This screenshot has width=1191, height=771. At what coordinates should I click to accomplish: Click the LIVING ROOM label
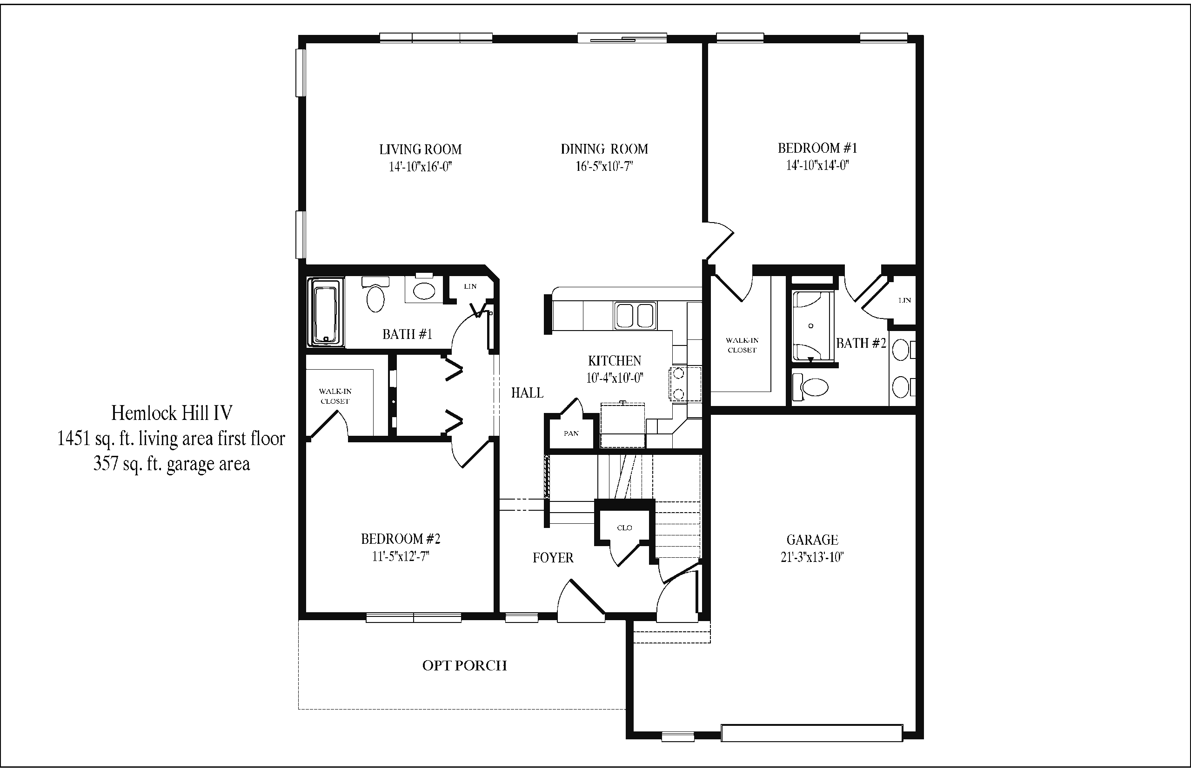coord(420,149)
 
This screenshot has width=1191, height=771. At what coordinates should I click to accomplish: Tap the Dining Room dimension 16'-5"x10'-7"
coord(604,166)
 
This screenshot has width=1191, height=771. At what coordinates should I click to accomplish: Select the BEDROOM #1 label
coord(817,148)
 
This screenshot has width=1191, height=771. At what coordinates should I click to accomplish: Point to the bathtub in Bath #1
coord(326,312)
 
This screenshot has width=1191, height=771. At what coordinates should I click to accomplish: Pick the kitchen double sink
coord(635,316)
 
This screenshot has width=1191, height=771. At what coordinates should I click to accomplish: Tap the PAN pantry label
coord(571,433)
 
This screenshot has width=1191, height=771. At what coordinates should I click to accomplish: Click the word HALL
coord(527,393)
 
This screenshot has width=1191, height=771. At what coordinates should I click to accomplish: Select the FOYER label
coord(553,558)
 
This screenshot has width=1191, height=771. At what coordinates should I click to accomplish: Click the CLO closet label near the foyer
coord(625,528)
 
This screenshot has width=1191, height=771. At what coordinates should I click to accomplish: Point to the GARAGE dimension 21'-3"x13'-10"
coord(812,558)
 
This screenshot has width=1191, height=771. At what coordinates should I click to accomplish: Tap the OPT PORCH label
coord(465,665)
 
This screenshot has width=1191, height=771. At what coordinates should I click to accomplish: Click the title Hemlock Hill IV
coord(172,413)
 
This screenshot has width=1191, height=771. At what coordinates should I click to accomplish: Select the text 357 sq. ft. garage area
coord(172,464)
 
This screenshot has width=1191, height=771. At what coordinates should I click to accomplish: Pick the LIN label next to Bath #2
coord(905,300)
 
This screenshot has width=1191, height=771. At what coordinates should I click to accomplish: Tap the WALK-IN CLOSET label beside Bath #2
coord(742,345)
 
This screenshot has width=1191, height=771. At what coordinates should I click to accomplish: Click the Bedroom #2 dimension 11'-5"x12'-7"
coord(401,557)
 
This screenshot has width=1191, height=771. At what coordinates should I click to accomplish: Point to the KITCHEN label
coord(614,361)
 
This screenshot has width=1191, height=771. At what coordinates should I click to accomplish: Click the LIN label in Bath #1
coord(470,286)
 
